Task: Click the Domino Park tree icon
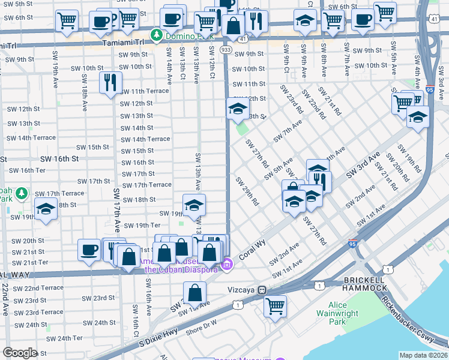click(157, 36)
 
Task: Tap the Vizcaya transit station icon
click(262, 290)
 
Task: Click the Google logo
click(20, 353)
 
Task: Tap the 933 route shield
click(226, 49)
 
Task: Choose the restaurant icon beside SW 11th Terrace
click(110, 82)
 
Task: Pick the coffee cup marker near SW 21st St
click(89, 249)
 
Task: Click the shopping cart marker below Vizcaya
click(276, 306)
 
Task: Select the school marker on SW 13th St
click(238, 108)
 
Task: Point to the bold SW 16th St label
click(59, 159)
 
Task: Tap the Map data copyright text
click(424, 355)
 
